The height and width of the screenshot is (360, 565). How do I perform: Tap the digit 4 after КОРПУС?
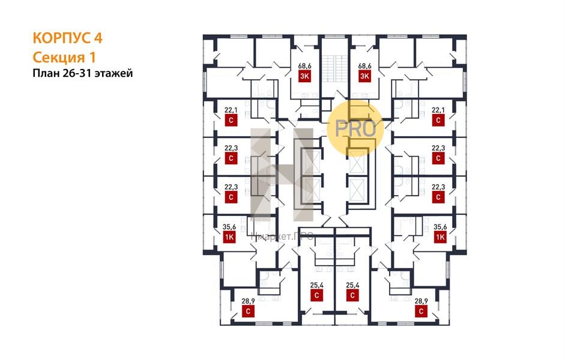[98, 38]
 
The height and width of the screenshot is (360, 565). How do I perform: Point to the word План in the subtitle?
[46, 74]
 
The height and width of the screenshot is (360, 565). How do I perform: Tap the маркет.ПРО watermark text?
[283, 236]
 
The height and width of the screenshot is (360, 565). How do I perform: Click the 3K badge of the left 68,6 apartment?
[304, 76]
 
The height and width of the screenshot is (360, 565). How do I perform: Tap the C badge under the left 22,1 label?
[231, 120]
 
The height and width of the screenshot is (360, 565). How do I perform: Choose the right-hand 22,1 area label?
[438, 110]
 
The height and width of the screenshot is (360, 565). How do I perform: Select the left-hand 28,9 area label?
[248, 301]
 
